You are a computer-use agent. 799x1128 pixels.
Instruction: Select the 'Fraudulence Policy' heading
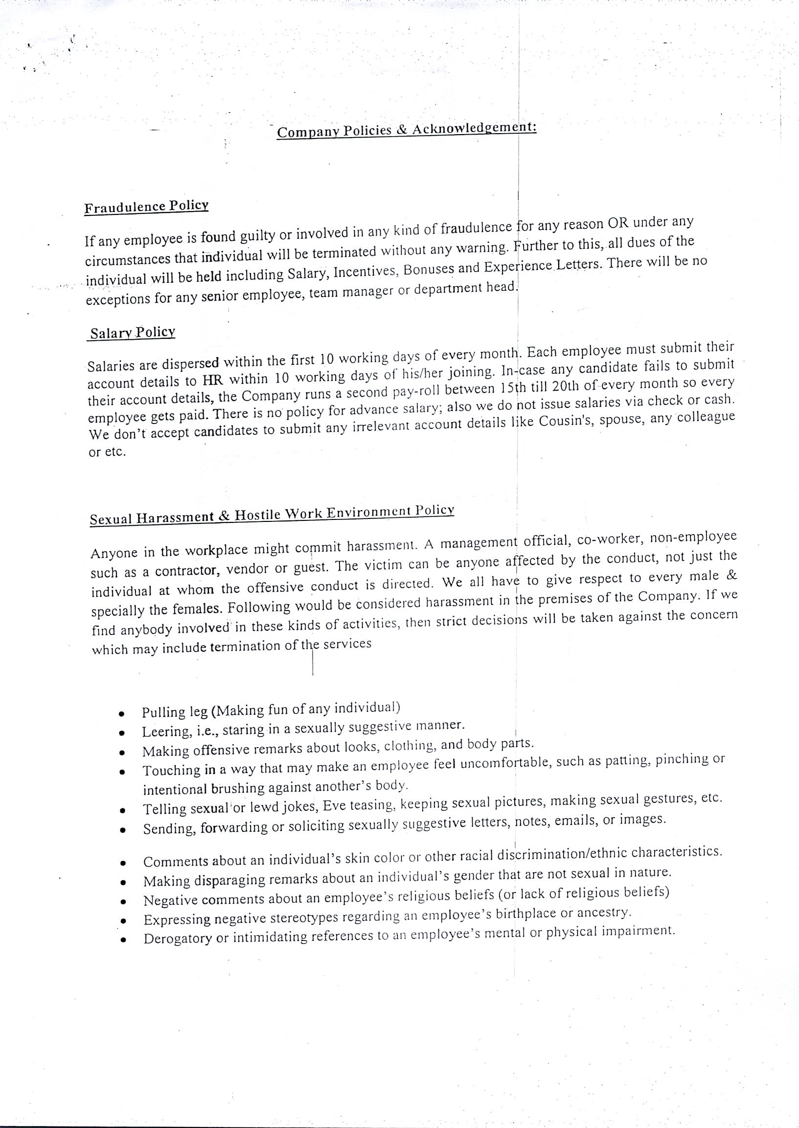coord(146,206)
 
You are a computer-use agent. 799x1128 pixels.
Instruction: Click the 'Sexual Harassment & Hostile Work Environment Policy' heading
coord(272,514)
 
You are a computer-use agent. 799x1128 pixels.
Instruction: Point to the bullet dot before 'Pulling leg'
coord(120,713)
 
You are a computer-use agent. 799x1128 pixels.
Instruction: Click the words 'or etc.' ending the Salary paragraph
coord(107,451)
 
